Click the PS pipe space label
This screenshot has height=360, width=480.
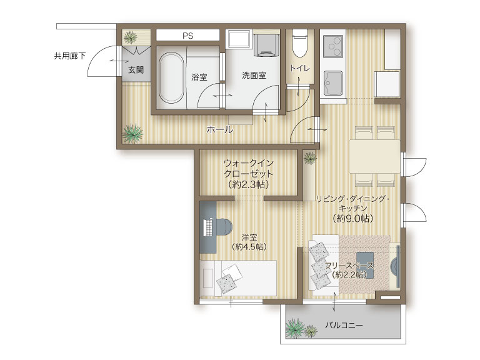(x=188, y=36)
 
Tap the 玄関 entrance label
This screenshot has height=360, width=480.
(x=136, y=70)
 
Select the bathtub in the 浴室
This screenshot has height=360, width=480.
(x=171, y=78)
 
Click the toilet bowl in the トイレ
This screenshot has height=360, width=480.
(x=299, y=44)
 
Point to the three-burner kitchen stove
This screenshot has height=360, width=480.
(x=333, y=46)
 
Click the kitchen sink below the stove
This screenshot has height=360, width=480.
(x=333, y=83)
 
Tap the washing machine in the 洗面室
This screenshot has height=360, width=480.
(x=267, y=45)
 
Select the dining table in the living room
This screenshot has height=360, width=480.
(x=374, y=156)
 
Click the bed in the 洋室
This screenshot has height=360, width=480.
(x=238, y=278)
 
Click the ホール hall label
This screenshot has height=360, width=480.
(x=220, y=130)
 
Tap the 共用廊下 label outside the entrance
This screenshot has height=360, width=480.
(x=70, y=56)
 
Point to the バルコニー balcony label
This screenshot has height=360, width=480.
(x=344, y=325)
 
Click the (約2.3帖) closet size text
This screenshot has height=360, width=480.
(x=249, y=184)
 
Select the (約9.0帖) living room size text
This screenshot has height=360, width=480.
(x=352, y=218)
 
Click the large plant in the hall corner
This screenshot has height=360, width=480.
(x=132, y=133)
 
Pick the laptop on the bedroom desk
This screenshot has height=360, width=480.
(x=208, y=227)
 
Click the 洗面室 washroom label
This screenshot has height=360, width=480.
(x=254, y=75)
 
